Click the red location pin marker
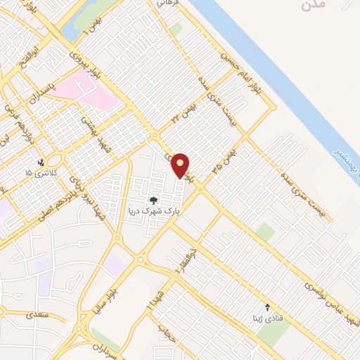[181, 165]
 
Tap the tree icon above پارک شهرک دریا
[153, 200]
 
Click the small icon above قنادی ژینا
[266, 307]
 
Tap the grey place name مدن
[314, 6]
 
